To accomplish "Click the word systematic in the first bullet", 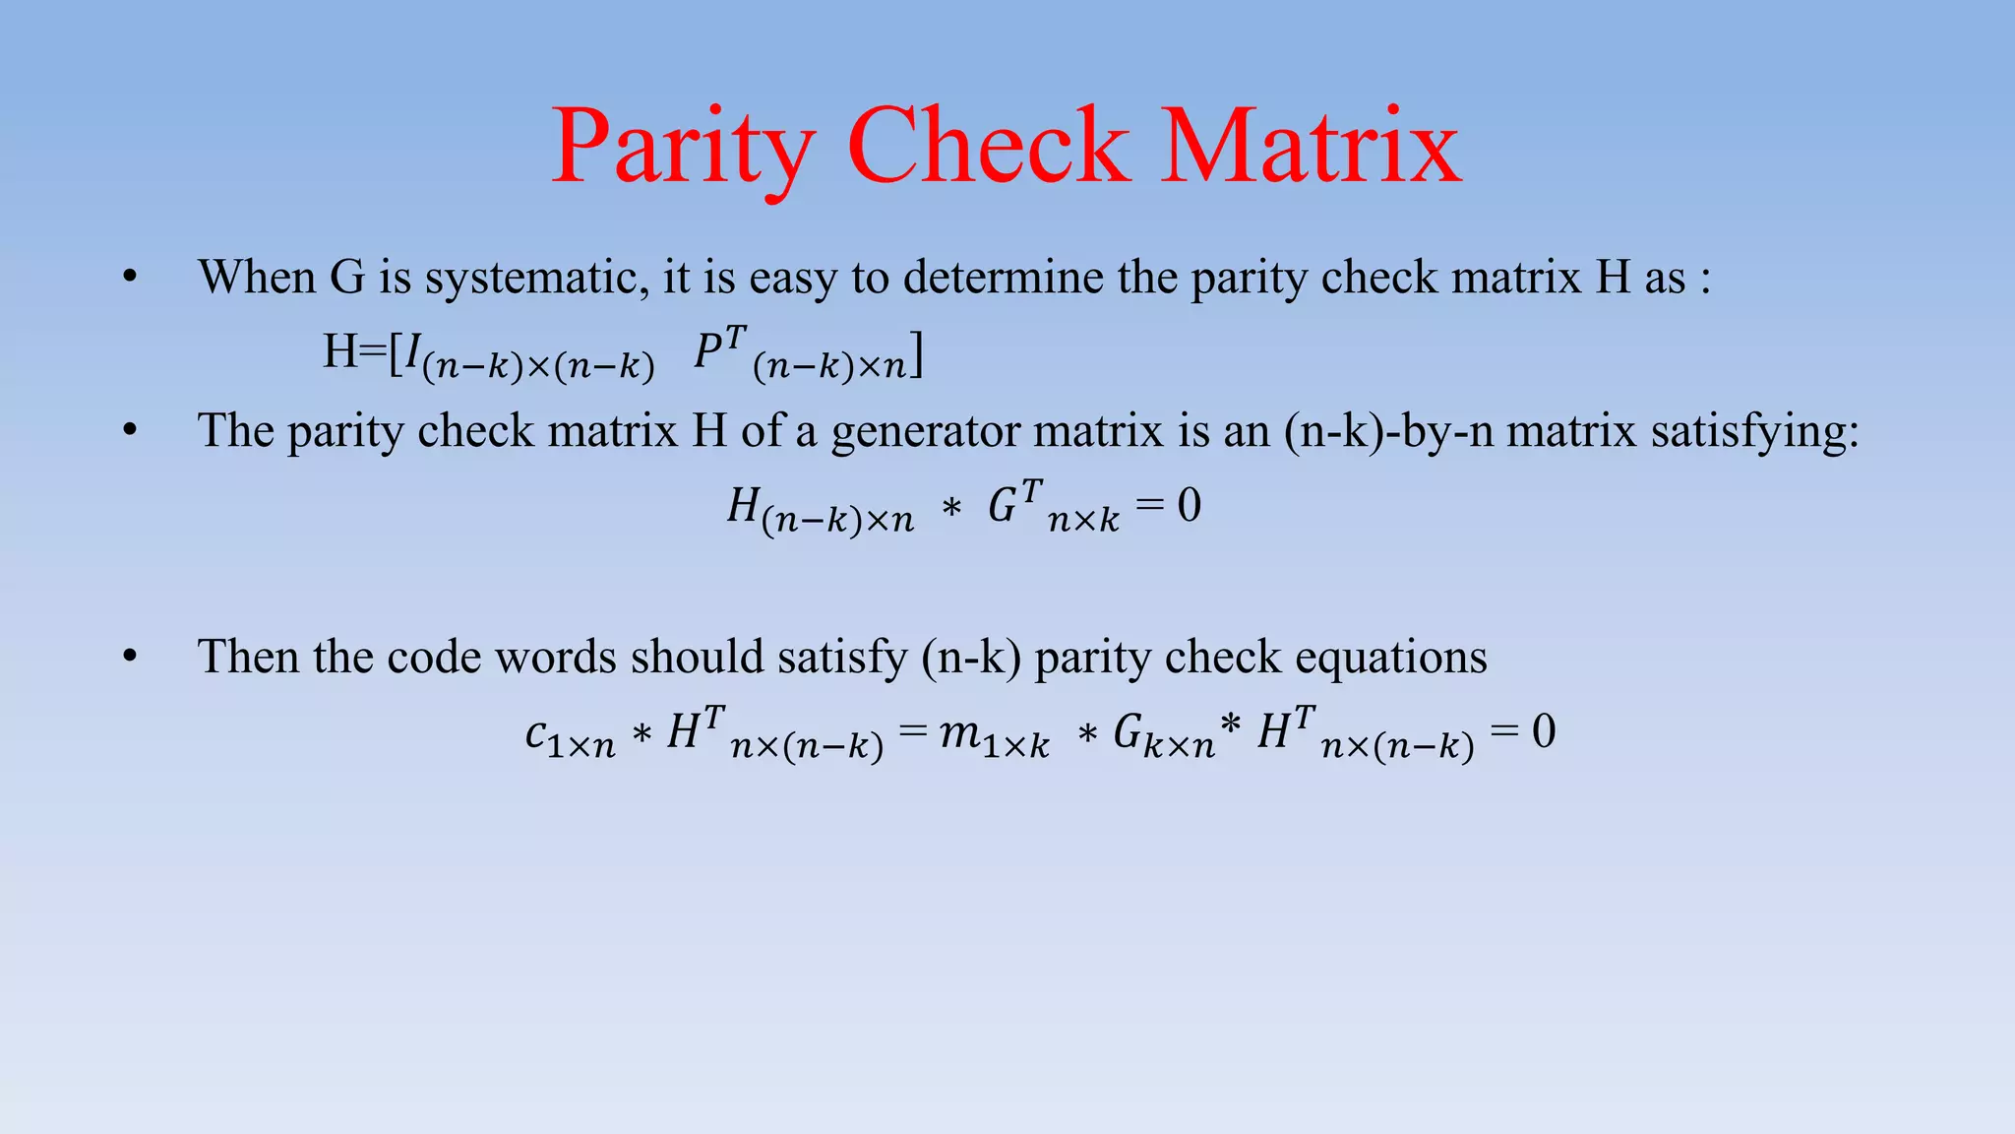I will click(x=536, y=278).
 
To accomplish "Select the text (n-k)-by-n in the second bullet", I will click(x=1388, y=431).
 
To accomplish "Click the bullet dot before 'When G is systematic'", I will click(x=130, y=279).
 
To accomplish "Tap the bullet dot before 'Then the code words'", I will click(x=130, y=658).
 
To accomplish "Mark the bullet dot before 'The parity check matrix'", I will click(x=130, y=432).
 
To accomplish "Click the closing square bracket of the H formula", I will click(x=916, y=354).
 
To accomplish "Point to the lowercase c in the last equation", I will click(x=536, y=733).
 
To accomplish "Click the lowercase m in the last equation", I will click(x=958, y=732).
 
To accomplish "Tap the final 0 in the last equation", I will click(x=1544, y=732).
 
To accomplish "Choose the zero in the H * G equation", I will click(x=1189, y=506).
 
